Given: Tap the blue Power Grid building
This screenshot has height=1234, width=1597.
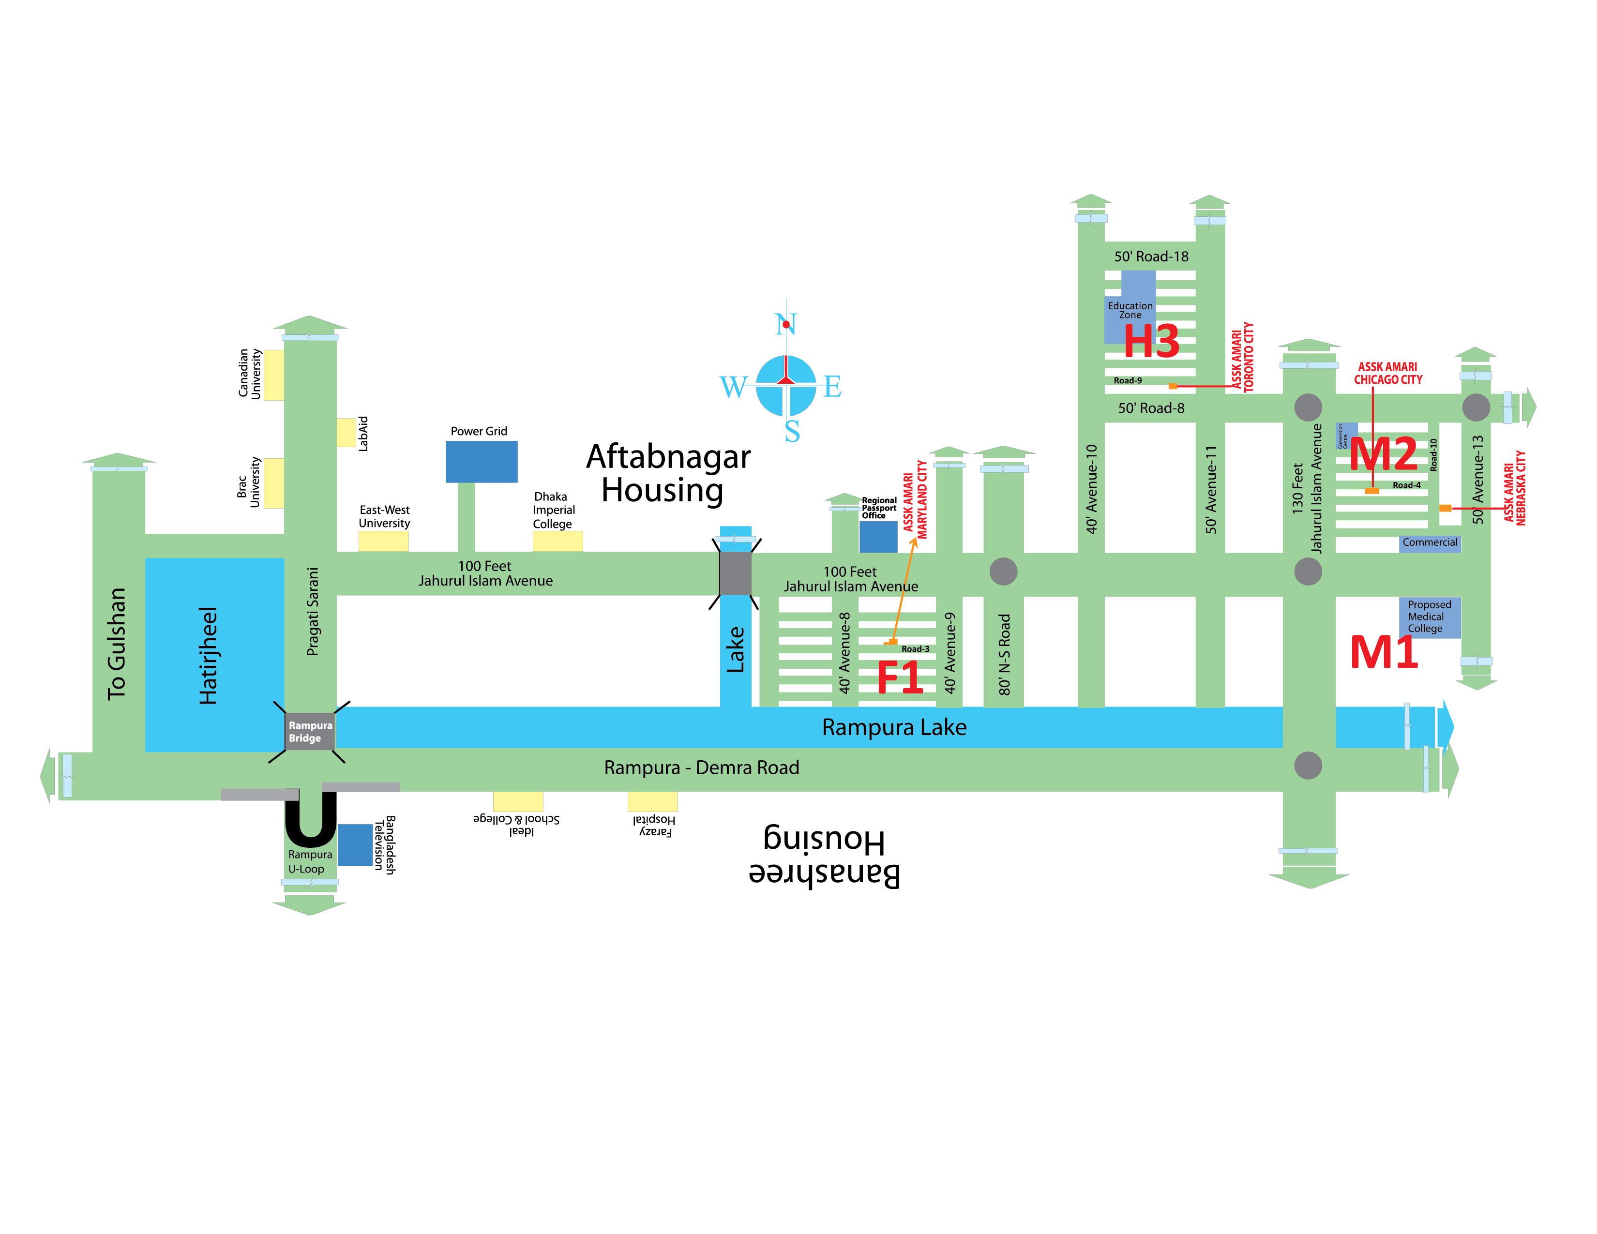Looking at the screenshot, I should [x=481, y=461].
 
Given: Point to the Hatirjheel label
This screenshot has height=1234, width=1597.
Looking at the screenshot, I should [x=209, y=655].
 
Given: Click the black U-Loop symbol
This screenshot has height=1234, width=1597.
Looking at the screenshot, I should [x=310, y=819].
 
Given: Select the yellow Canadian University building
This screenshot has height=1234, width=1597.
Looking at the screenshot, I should [x=273, y=375].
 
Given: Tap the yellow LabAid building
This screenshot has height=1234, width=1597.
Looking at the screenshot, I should [x=346, y=432].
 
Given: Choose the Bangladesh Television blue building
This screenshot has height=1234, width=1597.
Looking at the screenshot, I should [x=355, y=845].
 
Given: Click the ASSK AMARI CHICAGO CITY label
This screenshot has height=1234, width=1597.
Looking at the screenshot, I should [x=1387, y=373].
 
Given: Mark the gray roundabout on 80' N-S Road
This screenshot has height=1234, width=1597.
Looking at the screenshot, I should [x=1003, y=572].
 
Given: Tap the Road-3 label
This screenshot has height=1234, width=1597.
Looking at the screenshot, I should [x=915, y=649].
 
